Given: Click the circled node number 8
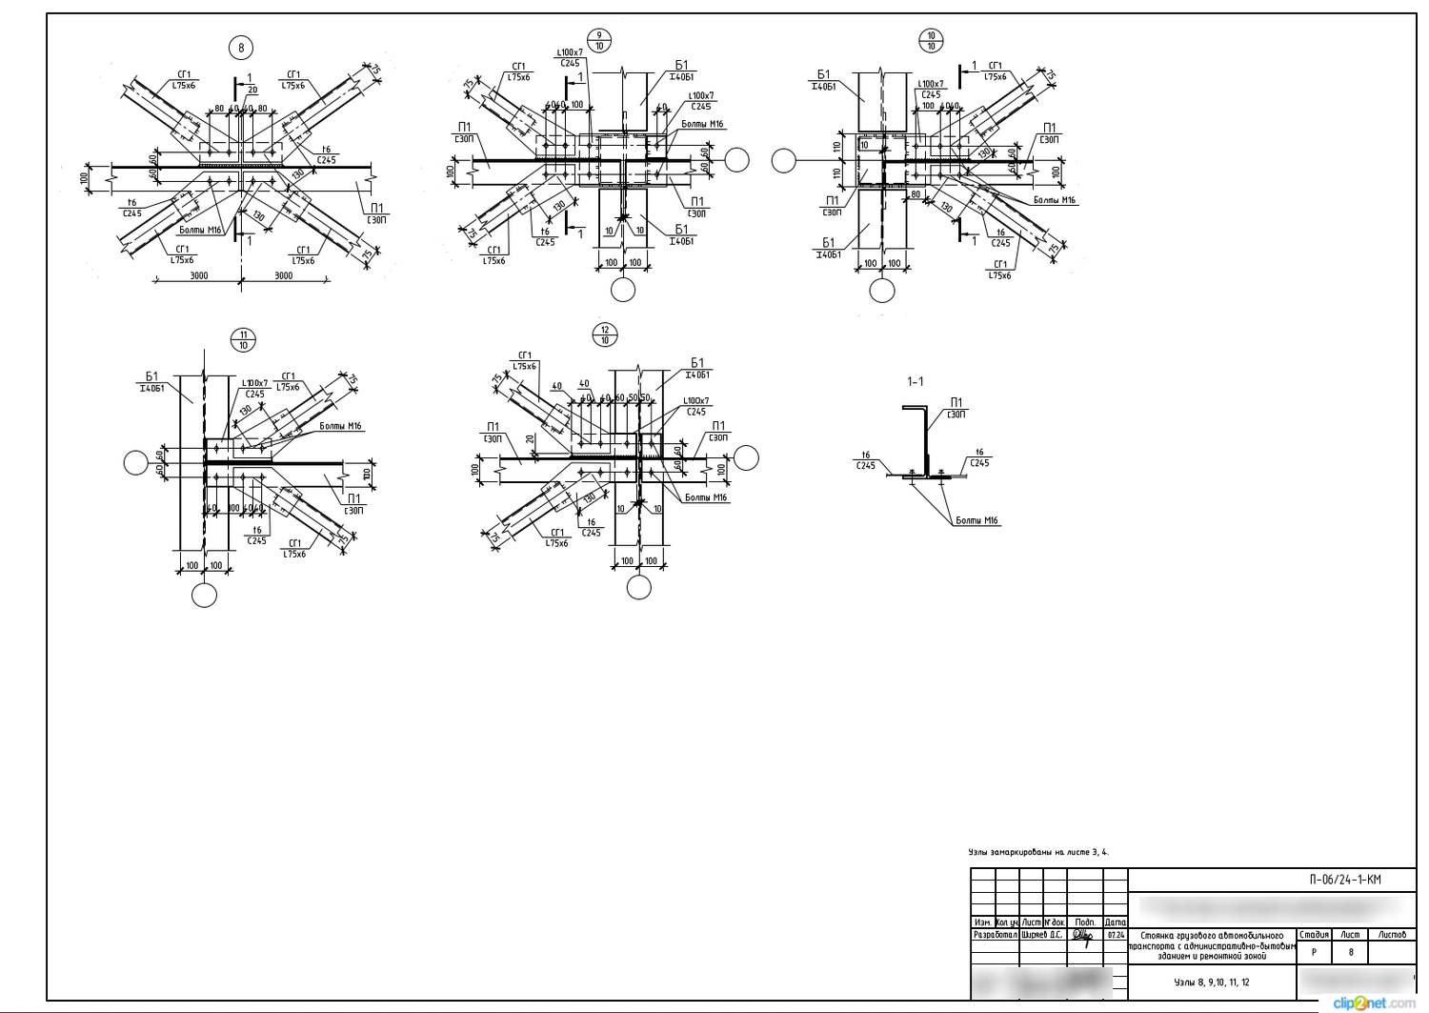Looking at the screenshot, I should pyautogui.click(x=241, y=48).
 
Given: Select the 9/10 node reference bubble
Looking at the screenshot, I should pyautogui.click(x=599, y=41).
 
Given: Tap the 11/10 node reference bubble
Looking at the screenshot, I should pyautogui.click(x=243, y=339).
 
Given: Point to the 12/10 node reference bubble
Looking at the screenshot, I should pyautogui.click(x=604, y=335).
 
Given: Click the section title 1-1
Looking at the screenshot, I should pyautogui.click(x=915, y=382).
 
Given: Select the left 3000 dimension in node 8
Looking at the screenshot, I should pyautogui.click(x=198, y=276).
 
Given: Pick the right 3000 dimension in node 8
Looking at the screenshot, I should pyautogui.click(x=283, y=276).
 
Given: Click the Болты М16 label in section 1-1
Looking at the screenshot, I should pyautogui.click(x=976, y=520).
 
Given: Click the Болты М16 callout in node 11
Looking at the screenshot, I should pyautogui.click(x=340, y=426).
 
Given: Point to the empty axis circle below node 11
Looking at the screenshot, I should pyautogui.click(x=204, y=596).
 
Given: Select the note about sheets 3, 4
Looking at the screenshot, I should pyautogui.click(x=1037, y=852).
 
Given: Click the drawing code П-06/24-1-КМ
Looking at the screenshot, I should pyautogui.click(x=1344, y=880).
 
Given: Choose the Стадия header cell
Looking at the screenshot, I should pyautogui.click(x=1314, y=935).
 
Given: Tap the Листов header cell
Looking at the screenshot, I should pyautogui.click(x=1391, y=935).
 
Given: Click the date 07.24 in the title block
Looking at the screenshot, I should pyautogui.click(x=1116, y=935).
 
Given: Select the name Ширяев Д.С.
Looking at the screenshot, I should pyautogui.click(x=1041, y=935).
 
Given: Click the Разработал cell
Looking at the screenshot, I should pyautogui.click(x=995, y=935).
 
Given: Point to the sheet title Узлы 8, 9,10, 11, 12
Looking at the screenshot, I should pyautogui.click(x=1211, y=982).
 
